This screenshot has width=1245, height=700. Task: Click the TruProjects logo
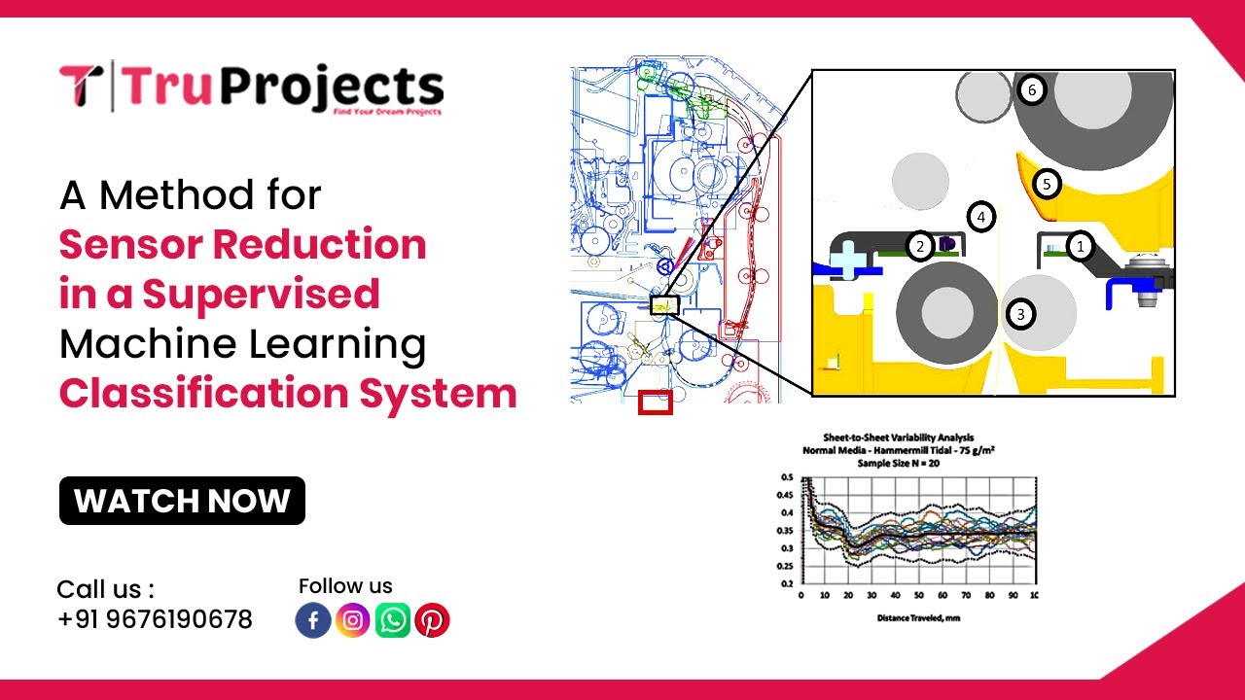[x=251, y=87]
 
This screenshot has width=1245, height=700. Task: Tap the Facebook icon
[x=313, y=620]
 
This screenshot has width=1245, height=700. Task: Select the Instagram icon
[x=353, y=620]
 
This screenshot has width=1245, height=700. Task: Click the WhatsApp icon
[x=393, y=620]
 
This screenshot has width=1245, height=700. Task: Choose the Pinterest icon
[x=432, y=620]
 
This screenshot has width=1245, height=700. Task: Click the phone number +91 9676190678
[x=155, y=619]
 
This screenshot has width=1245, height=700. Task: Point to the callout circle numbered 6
[x=1031, y=90]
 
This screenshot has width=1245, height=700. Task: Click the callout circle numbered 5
[x=1046, y=183]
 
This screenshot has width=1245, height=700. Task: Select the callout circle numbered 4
[x=981, y=217]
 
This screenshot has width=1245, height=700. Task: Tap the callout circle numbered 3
[x=1019, y=313]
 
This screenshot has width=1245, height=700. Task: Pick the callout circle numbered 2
[x=919, y=246]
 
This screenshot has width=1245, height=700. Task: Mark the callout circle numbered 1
[x=1079, y=247]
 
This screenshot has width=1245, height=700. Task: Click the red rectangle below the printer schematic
[x=655, y=402]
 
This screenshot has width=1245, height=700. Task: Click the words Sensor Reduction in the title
[x=243, y=244]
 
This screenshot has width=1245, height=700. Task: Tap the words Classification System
[x=288, y=394]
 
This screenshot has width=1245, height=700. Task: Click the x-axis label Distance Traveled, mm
[x=918, y=617]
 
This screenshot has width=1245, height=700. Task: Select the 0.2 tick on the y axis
[x=786, y=583]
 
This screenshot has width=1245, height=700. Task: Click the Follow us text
[x=345, y=586]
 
